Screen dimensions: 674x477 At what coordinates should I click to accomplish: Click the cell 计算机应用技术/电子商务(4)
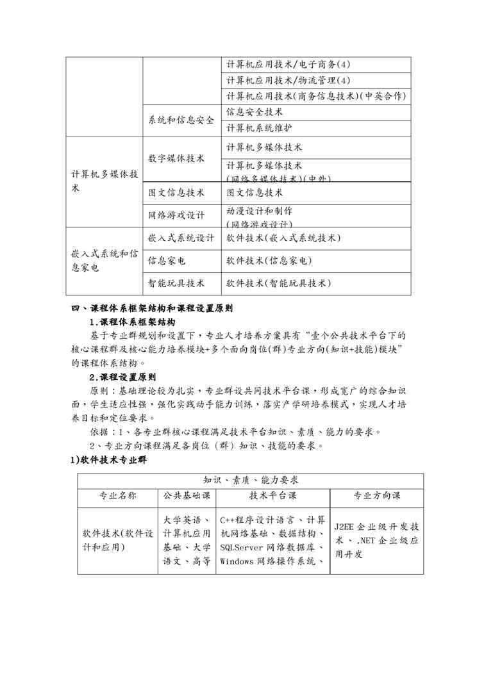pos(289,65)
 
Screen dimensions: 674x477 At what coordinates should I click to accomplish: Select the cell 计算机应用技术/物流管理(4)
pos(289,80)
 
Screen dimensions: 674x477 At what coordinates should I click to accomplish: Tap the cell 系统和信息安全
pos(181,120)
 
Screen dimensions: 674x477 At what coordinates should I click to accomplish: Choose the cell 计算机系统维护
pos(260,127)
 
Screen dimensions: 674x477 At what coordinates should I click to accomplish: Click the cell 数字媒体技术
pos(176,158)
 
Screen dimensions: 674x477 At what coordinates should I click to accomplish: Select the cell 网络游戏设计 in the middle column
pos(176,215)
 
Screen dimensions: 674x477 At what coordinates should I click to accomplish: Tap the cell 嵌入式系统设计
pos(181,238)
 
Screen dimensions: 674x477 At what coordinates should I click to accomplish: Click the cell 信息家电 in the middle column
pos(167,261)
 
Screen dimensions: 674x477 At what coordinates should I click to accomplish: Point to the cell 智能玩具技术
pos(176,283)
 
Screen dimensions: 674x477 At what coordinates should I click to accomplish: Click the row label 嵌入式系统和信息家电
pos(104,261)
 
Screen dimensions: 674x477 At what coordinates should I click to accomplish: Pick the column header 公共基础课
pos(187,495)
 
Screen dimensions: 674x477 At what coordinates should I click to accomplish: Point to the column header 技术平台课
pos(272,495)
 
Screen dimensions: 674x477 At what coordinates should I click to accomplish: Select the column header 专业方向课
pos(376,495)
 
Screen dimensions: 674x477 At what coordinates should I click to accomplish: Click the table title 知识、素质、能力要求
pos(251,480)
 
